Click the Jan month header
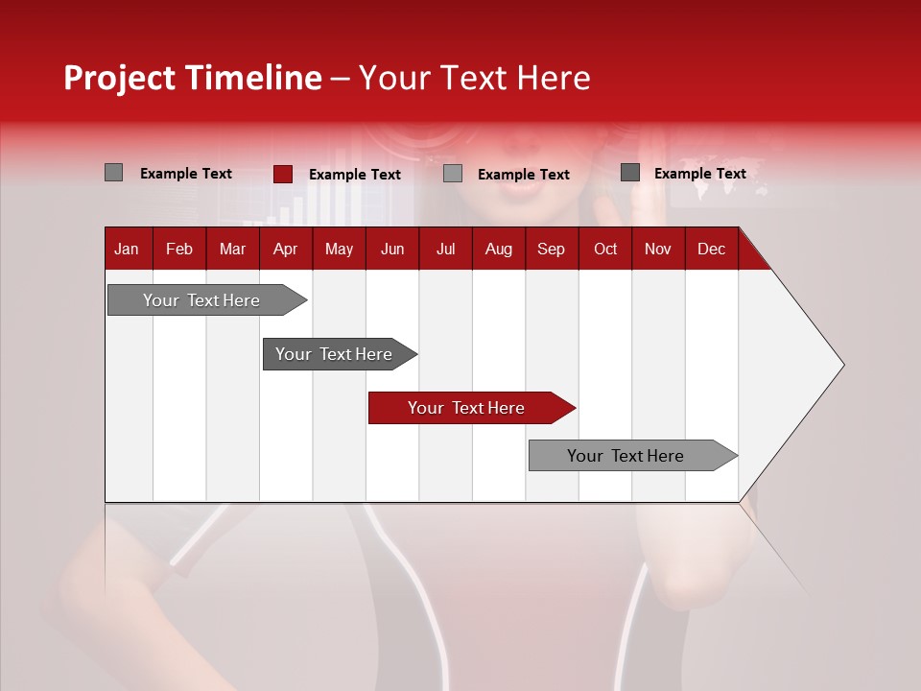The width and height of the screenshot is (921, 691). (x=127, y=249)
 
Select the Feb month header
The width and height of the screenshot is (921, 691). (x=179, y=249)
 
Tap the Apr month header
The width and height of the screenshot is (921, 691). (x=285, y=249)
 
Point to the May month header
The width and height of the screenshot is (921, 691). (x=339, y=249)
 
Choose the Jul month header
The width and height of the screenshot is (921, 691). (x=445, y=249)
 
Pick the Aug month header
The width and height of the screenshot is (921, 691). (x=498, y=249)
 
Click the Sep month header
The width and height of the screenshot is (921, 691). (x=551, y=249)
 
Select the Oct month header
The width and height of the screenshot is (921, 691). (x=605, y=249)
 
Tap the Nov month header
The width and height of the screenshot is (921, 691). (x=658, y=249)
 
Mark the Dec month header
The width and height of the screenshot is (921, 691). (x=711, y=249)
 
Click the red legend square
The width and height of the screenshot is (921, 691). (x=282, y=174)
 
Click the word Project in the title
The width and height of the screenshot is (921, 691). (x=120, y=78)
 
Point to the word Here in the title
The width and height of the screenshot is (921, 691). (x=554, y=78)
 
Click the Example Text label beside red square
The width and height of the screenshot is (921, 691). (x=355, y=175)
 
